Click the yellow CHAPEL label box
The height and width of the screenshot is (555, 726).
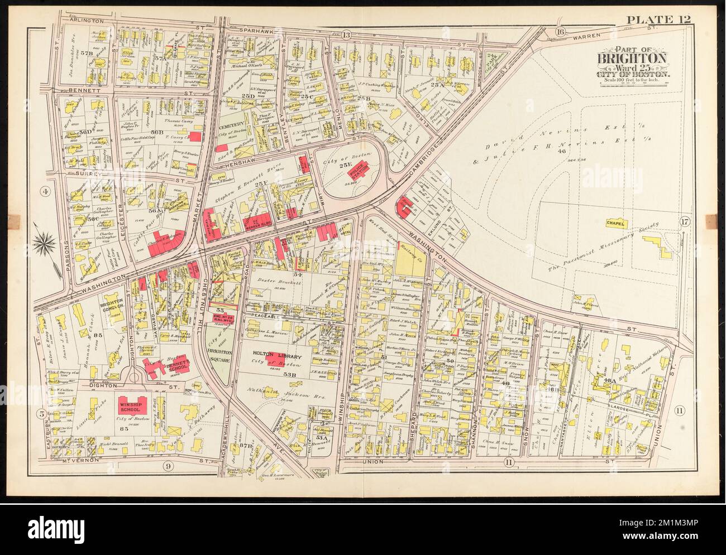coord(616,223)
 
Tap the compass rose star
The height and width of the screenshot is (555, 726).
coord(44,242)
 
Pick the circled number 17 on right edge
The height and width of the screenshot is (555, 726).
coord(685,223)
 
